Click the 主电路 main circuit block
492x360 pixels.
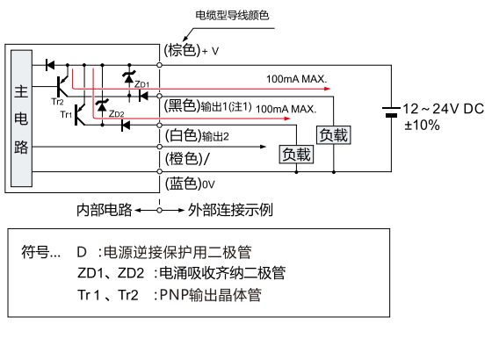click(x=21, y=119)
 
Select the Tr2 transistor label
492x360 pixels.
click(x=57, y=102)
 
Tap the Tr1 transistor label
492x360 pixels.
click(x=66, y=114)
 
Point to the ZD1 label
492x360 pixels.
click(x=141, y=84)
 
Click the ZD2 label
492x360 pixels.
click(x=116, y=114)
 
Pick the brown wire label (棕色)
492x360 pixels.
click(x=182, y=50)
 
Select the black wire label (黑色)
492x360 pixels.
click(x=182, y=105)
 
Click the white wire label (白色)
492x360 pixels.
click(x=183, y=135)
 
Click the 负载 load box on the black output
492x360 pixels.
click(x=333, y=135)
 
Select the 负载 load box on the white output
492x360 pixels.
click(x=296, y=155)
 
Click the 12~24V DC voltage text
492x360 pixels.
click(x=443, y=109)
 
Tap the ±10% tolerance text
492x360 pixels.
click(x=422, y=125)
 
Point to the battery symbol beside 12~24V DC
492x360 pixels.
click(x=391, y=112)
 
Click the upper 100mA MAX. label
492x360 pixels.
click(x=297, y=79)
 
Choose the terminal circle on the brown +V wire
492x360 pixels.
click(x=159, y=65)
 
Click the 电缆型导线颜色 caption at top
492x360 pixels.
click(x=232, y=15)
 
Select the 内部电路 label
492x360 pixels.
click(x=105, y=210)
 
